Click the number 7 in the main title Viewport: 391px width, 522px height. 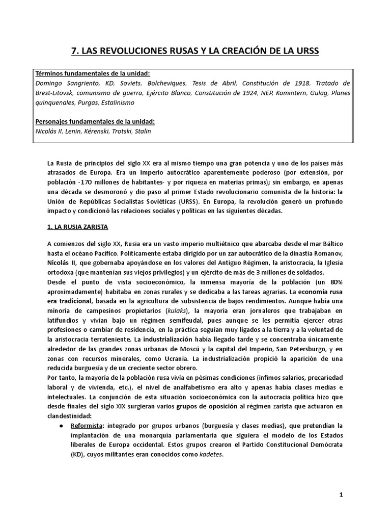pos(73,51)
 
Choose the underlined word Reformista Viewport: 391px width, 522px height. pos(87,425)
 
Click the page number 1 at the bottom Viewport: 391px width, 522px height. pos(342,495)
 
